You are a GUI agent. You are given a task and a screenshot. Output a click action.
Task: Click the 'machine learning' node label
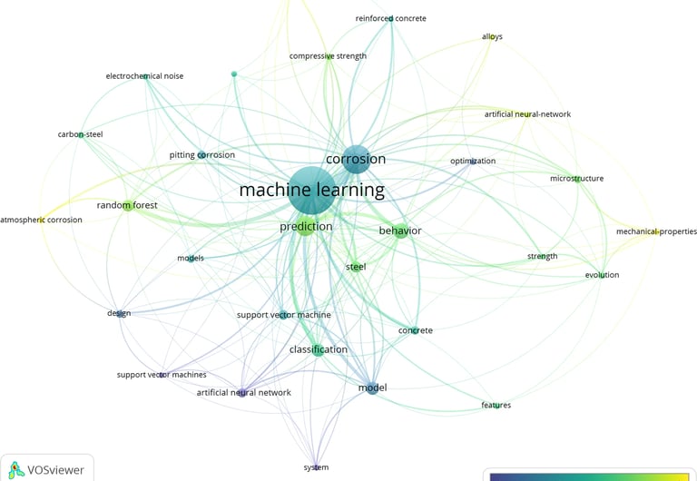point(311,191)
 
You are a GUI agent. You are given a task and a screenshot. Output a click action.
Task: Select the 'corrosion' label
point(356,159)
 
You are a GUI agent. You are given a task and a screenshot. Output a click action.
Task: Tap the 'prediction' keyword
point(306,226)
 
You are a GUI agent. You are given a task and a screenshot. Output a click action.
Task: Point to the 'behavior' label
point(400,231)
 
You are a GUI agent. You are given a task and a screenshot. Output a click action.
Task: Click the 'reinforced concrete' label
point(390,18)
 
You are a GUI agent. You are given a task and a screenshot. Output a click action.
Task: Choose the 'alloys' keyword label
point(492,37)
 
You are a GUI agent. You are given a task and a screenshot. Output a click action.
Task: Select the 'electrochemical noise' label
point(144,76)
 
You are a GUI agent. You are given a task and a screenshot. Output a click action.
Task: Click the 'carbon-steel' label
point(81,134)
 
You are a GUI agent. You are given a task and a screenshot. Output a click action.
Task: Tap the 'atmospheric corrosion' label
point(41,220)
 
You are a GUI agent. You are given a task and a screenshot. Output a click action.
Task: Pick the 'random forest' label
point(127,205)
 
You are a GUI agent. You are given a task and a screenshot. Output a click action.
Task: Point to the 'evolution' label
point(602,275)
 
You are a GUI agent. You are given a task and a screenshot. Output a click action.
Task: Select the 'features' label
point(496,405)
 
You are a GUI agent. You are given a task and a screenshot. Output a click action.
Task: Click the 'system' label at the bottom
point(316,467)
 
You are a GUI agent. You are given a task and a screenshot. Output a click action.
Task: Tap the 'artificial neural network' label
point(244,392)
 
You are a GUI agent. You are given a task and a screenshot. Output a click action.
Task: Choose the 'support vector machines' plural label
point(162,375)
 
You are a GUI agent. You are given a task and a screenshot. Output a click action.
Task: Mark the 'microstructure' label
point(576,179)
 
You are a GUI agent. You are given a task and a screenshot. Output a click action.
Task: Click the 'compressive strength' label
point(328,56)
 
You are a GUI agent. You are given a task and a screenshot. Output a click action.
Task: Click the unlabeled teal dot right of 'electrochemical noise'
point(234,74)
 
